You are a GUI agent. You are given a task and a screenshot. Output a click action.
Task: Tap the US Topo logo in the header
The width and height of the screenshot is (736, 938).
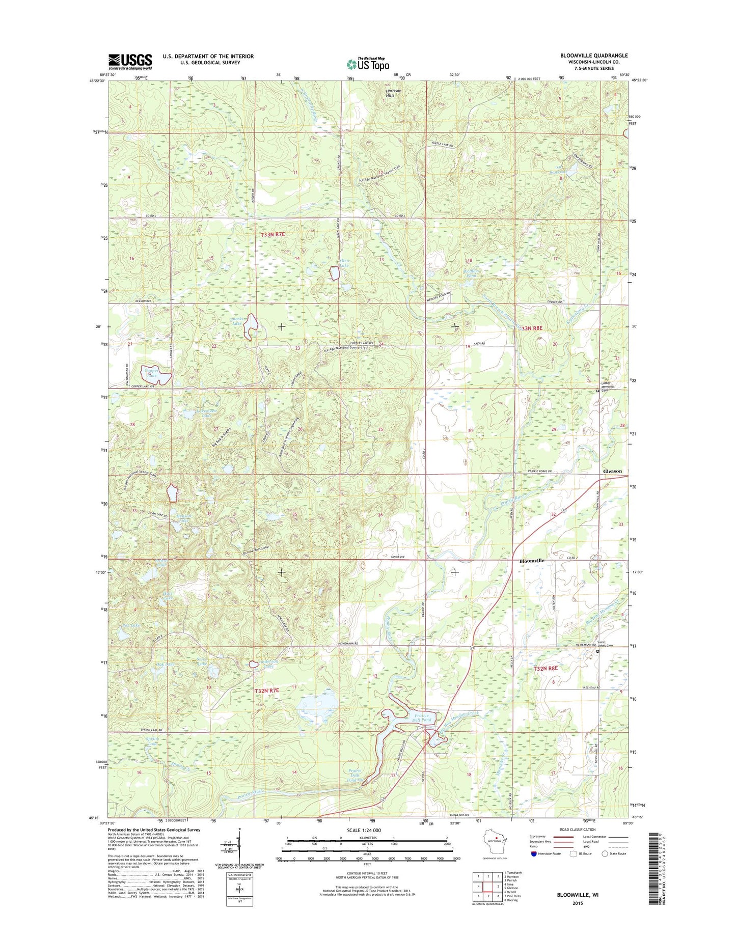point(368,64)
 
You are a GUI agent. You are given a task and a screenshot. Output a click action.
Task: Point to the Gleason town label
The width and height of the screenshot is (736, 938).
point(612,471)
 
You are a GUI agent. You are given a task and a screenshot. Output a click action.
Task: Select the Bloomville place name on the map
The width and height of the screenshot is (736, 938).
point(532,561)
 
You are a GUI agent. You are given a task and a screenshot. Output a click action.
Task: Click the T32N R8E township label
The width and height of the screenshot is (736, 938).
point(546,668)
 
